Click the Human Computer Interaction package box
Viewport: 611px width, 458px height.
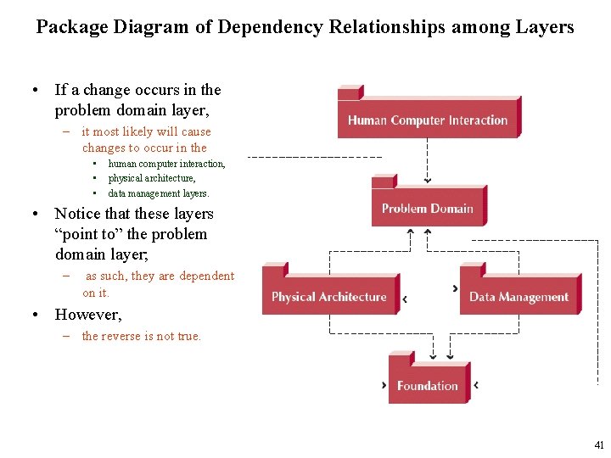coord(428,120)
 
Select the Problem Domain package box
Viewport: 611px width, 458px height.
coord(428,209)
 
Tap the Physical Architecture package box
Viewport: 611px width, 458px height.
coord(329,297)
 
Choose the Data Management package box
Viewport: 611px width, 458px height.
coord(519,297)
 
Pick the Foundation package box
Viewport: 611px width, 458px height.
coord(428,386)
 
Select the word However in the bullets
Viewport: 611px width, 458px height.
coord(87,315)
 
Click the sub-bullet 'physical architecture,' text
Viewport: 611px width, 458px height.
coord(152,178)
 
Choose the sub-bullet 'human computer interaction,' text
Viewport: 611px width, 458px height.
coord(166,164)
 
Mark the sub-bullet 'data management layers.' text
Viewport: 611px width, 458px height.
coord(159,193)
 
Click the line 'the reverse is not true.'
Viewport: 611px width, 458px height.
coord(142,336)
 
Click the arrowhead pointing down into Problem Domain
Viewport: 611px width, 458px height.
coord(428,181)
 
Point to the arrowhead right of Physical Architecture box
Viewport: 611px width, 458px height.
coord(406,299)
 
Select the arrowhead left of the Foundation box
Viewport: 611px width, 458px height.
coord(384,385)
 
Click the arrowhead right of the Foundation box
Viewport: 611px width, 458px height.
coord(475,385)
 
